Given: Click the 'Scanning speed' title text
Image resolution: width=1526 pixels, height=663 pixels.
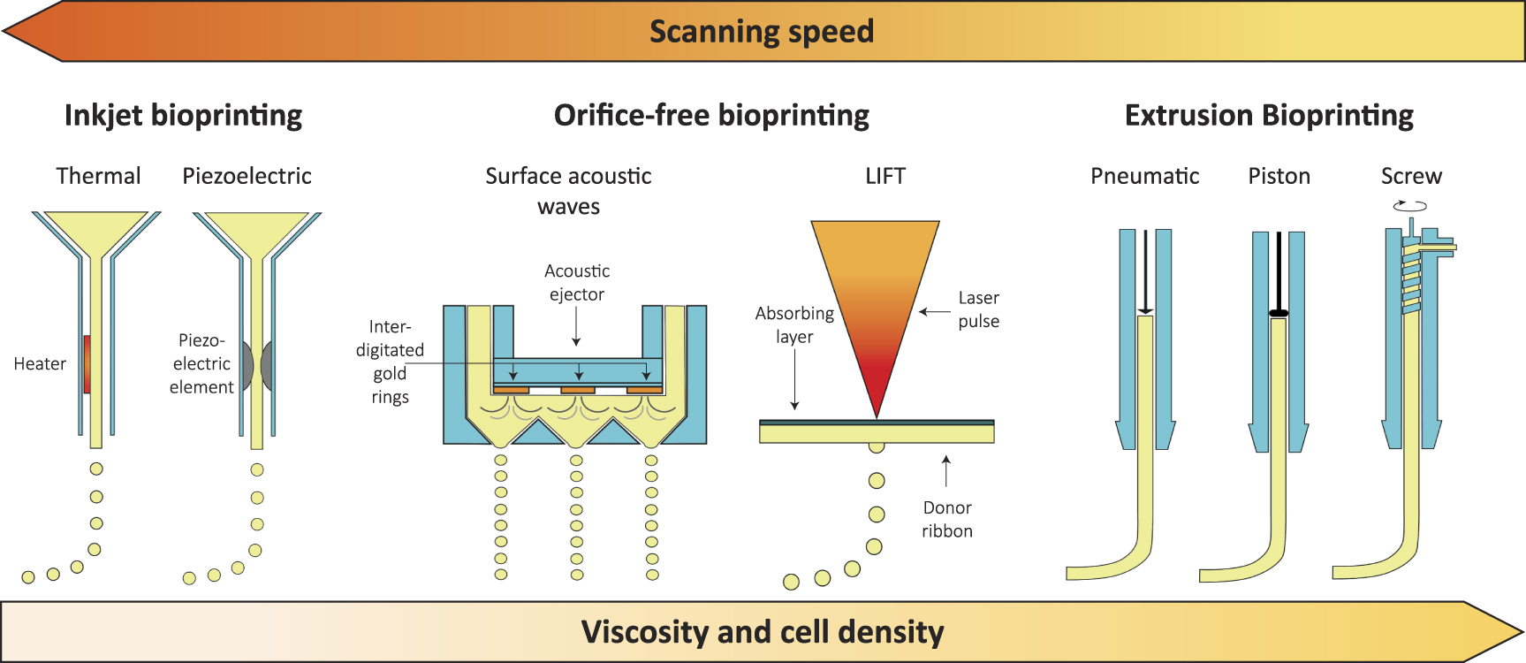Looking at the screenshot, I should click(761, 32).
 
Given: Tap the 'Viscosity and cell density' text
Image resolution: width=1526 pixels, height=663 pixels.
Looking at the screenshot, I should click(762, 632).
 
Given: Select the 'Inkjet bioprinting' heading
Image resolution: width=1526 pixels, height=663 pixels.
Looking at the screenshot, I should click(183, 116).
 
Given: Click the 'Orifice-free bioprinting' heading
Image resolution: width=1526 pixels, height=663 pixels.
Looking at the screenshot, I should click(711, 116).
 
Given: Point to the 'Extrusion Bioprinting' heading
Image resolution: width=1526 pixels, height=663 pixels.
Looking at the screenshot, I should click(1268, 116).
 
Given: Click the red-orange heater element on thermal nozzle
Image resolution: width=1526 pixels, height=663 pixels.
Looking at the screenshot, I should click(87, 363).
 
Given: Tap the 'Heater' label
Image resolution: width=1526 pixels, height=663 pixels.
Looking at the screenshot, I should click(40, 363).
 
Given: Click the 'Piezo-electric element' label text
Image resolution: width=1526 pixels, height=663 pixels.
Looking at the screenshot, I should click(201, 363).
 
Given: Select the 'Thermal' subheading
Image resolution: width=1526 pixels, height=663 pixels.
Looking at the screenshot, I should click(98, 176).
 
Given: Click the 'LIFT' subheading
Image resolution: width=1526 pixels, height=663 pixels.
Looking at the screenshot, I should click(884, 176).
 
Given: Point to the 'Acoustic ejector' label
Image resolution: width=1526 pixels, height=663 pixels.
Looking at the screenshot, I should click(576, 282).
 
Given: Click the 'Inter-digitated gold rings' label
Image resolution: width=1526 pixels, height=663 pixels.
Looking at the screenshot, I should click(390, 362).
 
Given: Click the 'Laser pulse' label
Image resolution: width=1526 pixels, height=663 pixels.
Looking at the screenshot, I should click(978, 309).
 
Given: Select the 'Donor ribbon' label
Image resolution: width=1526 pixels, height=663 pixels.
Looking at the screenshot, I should click(946, 519).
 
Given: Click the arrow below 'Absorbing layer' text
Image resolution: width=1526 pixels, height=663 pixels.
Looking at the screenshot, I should click(794, 380).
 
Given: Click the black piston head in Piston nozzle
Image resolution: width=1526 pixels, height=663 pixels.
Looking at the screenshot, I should click(1278, 313).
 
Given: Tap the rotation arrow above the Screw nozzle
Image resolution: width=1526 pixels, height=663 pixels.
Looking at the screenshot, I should click(1409, 206).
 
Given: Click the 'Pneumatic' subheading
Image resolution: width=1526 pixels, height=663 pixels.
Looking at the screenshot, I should click(1144, 176).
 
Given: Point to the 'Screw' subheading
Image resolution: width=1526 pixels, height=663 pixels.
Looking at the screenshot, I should click(1410, 176).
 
